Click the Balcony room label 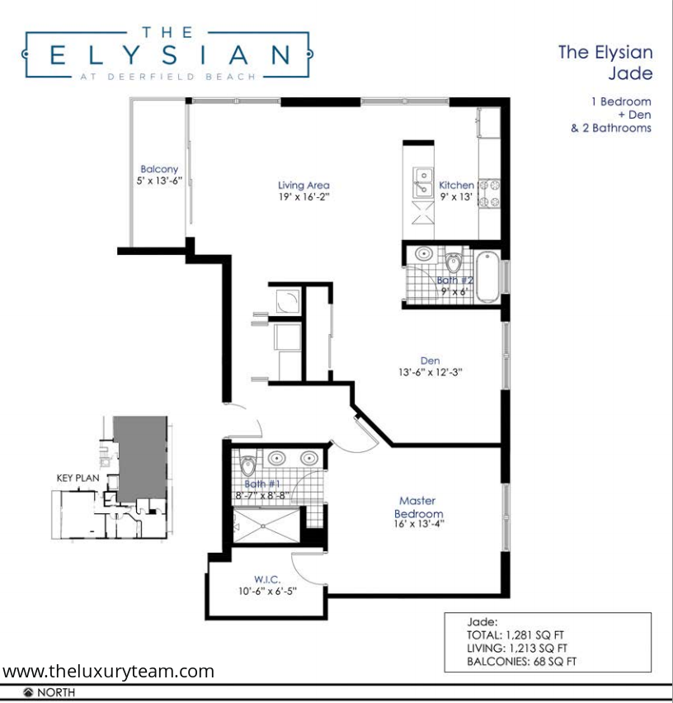159,169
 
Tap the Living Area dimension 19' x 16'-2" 304,197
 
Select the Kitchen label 456,185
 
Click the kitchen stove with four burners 489,194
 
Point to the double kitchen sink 423,182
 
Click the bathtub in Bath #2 487,277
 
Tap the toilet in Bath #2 454,262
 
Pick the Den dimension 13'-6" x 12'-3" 431,372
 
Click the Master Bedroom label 418,507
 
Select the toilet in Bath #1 247,464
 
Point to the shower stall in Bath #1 266,526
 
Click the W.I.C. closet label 267,579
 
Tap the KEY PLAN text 78,478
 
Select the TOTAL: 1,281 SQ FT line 515,635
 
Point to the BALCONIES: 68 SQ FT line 521,661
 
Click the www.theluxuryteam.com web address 108,671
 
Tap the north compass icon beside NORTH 28,692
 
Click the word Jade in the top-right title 630,73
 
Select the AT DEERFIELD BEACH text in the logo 168,77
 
